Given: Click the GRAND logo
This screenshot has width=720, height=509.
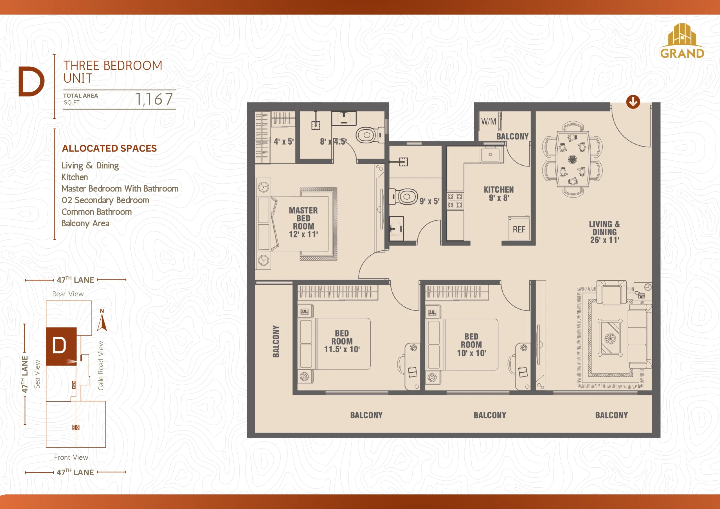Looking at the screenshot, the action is pyautogui.click(x=682, y=41).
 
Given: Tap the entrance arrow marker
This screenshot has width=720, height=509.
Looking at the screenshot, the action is pyautogui.click(x=633, y=102).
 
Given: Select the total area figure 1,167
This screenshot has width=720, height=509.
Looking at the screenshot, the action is pyautogui.click(x=154, y=100).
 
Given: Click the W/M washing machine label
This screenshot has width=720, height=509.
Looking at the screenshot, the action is pyautogui.click(x=489, y=122).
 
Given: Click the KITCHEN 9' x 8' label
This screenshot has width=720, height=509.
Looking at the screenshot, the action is pyautogui.click(x=499, y=194).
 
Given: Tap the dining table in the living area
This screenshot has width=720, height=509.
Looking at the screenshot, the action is pyautogui.click(x=573, y=159).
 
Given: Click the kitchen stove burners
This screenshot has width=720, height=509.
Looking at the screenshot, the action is pyautogui.click(x=455, y=201).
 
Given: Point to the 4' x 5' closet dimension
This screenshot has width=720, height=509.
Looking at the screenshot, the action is pyautogui.click(x=283, y=142).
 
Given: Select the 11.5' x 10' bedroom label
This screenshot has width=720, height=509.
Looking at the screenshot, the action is pyautogui.click(x=342, y=341).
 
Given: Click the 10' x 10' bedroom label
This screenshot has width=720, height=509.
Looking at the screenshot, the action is pyautogui.click(x=471, y=345).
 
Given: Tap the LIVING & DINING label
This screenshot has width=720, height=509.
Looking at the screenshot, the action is pyautogui.click(x=604, y=232).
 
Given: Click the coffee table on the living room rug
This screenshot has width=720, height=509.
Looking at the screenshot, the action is pyautogui.click(x=610, y=338).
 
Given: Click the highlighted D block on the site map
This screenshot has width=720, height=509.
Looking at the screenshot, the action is pyautogui.click(x=61, y=346).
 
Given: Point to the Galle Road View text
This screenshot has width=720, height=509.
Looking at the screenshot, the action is pyautogui.click(x=101, y=366).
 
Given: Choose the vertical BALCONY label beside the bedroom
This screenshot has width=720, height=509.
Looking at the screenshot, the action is pyautogui.click(x=276, y=341).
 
